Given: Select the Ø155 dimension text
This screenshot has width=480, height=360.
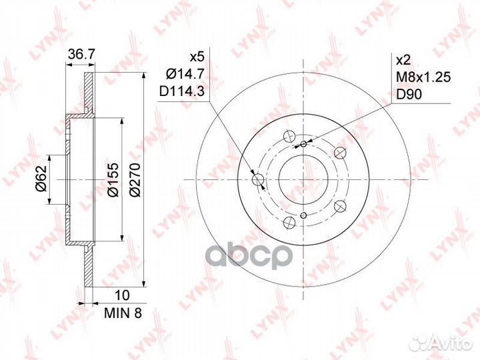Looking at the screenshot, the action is pos(113,180).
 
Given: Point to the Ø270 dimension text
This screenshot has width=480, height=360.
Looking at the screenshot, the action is pos(135,180).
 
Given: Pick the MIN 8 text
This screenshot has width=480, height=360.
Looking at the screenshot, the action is pos(123,313).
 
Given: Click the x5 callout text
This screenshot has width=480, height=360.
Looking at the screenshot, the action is pos(197,57).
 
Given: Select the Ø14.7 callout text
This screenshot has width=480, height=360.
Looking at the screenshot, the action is pos(185,73).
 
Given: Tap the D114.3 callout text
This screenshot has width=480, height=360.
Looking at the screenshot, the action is pos(181,91).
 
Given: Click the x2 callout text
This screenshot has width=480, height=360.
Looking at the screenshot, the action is pos(403,60).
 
